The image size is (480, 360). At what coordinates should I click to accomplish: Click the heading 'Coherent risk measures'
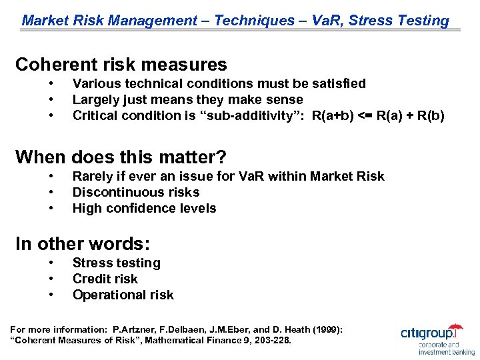pos(121,65)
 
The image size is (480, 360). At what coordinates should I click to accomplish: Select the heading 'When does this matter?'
pos(121,157)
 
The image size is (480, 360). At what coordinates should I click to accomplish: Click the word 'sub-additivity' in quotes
pos(257,116)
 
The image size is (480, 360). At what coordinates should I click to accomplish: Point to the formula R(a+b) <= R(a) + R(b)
pos(377,116)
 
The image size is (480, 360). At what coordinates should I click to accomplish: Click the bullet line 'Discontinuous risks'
pos(136,192)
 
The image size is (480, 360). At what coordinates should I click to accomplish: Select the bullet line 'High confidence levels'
pos(144,208)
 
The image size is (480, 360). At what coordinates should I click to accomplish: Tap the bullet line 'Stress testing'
pos(116,263)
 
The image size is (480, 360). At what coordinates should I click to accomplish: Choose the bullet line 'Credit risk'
pos(105,279)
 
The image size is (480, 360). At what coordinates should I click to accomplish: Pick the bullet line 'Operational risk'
pos(123,295)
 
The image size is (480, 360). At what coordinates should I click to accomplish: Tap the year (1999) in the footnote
pos(325,329)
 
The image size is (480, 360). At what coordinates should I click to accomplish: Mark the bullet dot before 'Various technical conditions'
pos(51,83)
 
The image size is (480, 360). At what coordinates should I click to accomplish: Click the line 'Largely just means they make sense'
pos(187,100)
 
